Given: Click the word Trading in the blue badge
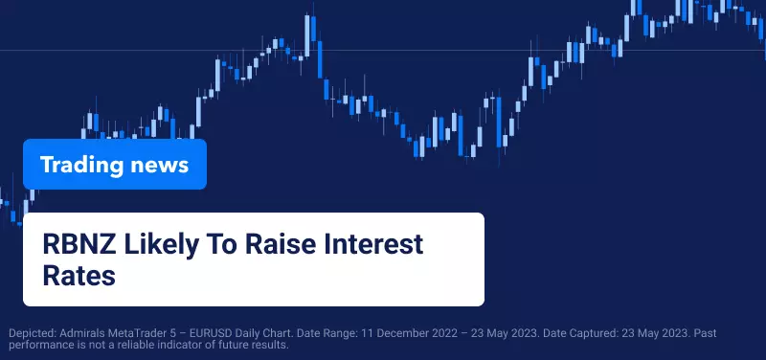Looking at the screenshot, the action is point(81,165).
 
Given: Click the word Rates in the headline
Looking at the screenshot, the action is point(79,276).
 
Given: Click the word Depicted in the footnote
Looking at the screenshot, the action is point(33,334).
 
